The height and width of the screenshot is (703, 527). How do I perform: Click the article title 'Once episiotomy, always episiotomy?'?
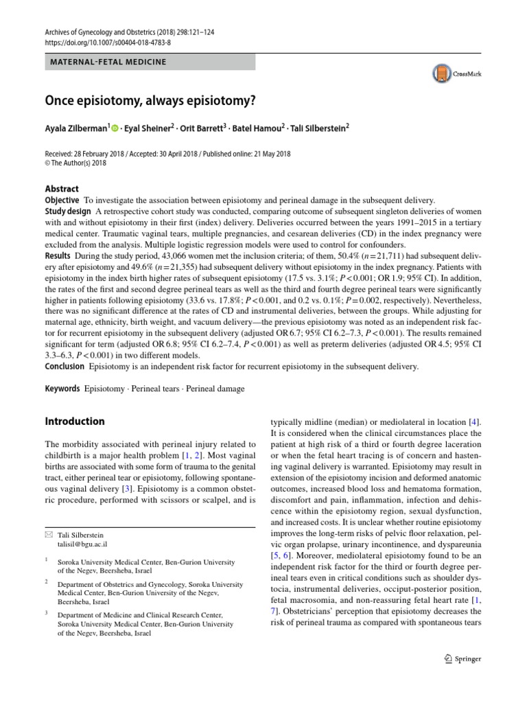coord(150,100)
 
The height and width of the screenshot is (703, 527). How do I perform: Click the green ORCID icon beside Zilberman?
coord(115,128)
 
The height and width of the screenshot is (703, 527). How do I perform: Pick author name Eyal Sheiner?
coord(148,128)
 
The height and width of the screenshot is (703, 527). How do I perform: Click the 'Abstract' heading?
coord(62,189)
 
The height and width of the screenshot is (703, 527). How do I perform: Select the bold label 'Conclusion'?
coord(65,367)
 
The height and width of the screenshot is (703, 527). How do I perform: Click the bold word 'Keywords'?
coord(62,389)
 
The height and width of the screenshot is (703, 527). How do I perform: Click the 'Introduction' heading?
coord(75,421)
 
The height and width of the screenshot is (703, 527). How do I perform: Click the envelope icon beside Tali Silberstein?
coord(48,533)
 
